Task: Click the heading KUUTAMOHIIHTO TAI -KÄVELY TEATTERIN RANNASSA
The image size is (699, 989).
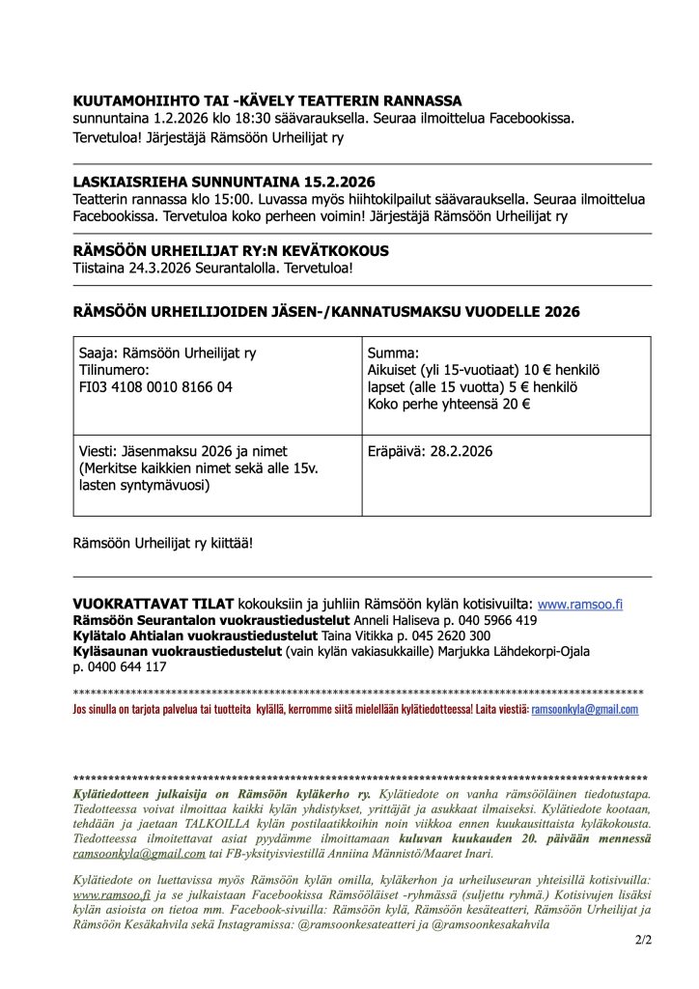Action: pyautogui.click(x=267, y=100)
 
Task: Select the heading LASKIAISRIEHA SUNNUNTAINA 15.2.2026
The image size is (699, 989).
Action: pyautogui.click(x=224, y=182)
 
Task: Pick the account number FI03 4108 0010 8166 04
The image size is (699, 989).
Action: pyautogui.click(x=154, y=386)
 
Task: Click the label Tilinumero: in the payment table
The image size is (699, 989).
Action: pyautogui.click(x=108, y=370)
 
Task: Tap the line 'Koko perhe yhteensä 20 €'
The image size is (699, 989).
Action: pyautogui.click(x=448, y=404)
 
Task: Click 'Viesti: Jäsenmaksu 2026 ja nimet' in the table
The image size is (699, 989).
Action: pyautogui.click(x=182, y=451)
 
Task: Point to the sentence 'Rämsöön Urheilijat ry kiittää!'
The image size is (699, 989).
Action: pyautogui.click(x=163, y=543)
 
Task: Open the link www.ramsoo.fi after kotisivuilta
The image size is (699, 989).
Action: pyautogui.click(x=579, y=604)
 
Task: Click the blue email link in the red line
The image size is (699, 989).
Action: pyautogui.click(x=585, y=709)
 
